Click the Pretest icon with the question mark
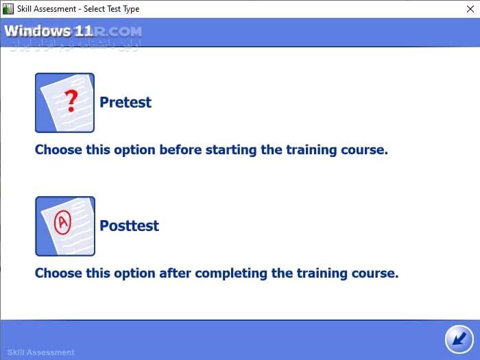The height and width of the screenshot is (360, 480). click(x=64, y=102)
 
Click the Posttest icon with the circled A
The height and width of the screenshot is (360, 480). click(x=64, y=226)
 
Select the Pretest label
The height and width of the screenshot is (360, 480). click(x=125, y=102)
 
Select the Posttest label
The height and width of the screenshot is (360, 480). click(x=129, y=226)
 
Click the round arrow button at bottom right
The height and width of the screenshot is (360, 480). click(x=459, y=339)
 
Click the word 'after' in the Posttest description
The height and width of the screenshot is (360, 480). click(x=175, y=273)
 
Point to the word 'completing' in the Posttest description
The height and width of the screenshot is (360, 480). click(x=231, y=273)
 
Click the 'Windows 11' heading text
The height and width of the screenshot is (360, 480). click(x=48, y=31)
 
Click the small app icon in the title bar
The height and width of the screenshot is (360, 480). click(x=8, y=8)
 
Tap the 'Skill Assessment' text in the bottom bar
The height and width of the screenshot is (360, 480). click(x=41, y=352)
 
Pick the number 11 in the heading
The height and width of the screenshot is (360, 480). click(x=84, y=31)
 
